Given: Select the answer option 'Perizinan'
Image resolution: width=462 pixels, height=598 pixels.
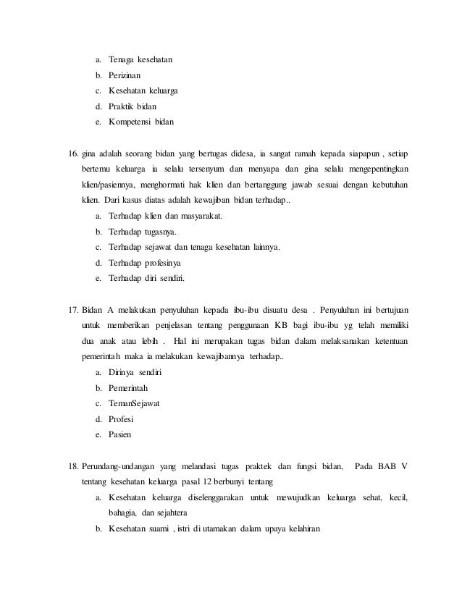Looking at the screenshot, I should click(x=125, y=75).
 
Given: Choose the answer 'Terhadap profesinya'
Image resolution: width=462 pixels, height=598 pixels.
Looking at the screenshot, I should click(x=144, y=263).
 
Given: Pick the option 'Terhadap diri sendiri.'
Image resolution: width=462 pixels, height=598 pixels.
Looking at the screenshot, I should click(x=146, y=279).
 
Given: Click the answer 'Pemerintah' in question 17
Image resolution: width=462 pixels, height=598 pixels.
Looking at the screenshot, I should click(x=129, y=388).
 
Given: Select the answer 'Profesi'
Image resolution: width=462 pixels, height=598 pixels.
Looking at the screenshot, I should click(x=120, y=420).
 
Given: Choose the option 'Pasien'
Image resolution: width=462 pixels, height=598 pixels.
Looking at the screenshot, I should click(x=119, y=436).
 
